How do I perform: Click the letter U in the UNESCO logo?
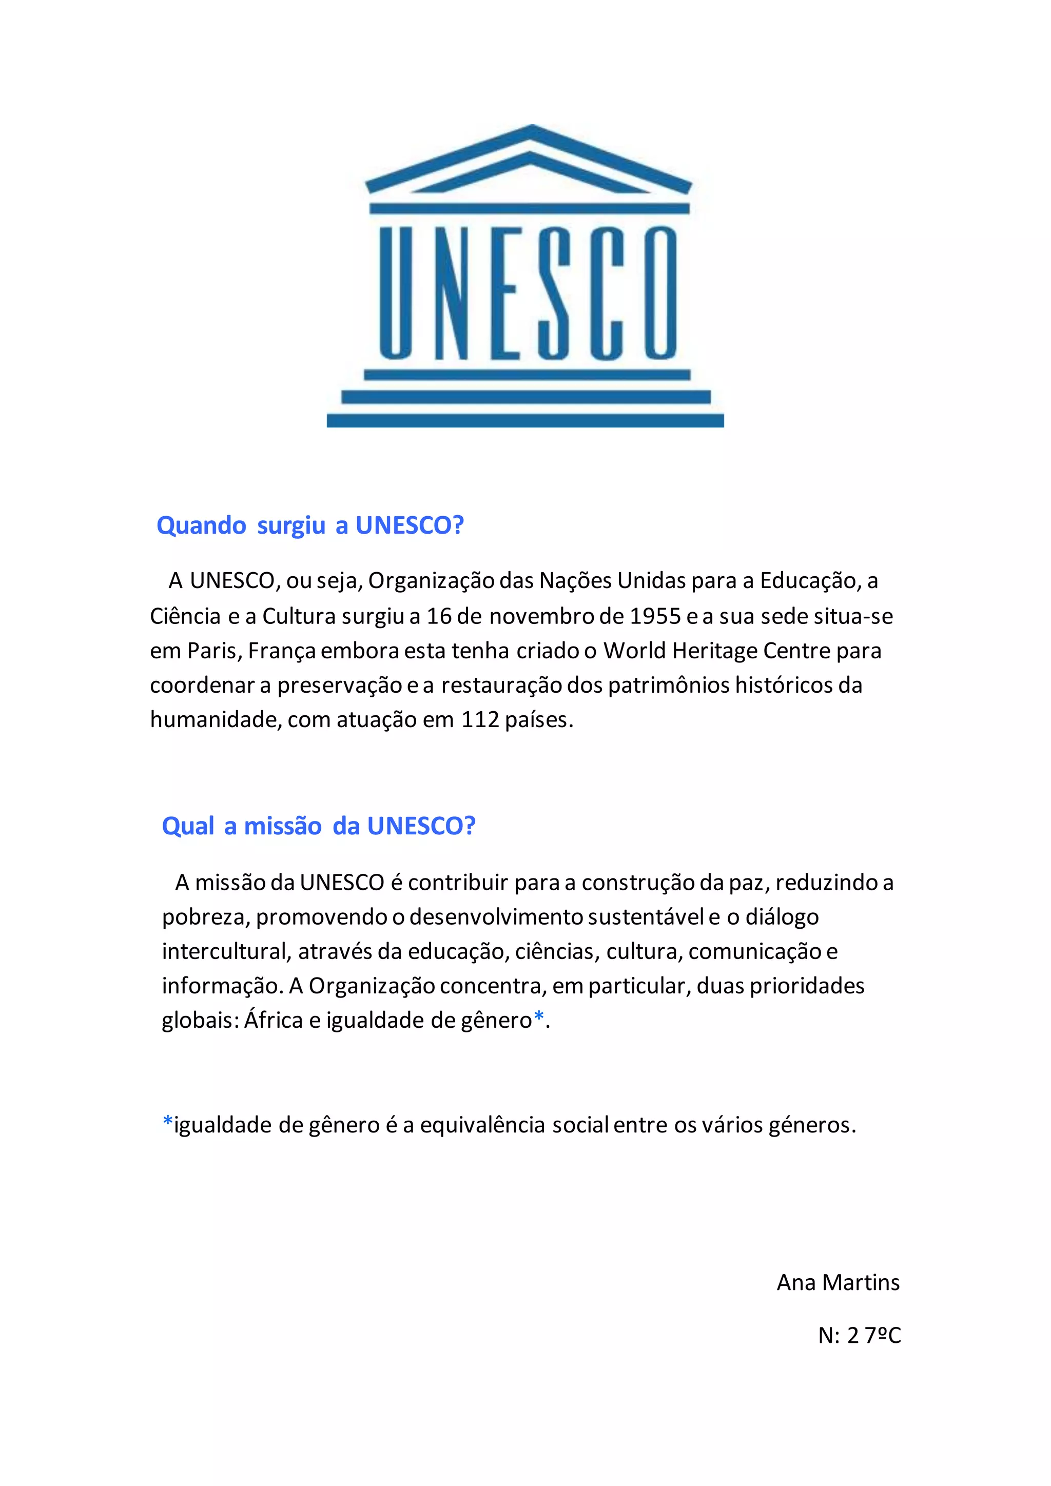(396, 292)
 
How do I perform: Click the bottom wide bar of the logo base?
(525, 421)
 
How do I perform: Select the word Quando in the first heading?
(201, 525)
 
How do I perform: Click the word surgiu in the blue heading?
(290, 525)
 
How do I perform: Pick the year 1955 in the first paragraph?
(655, 616)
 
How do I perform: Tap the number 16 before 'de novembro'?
(439, 616)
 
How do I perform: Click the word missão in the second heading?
(282, 827)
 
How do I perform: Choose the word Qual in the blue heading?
(188, 827)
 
